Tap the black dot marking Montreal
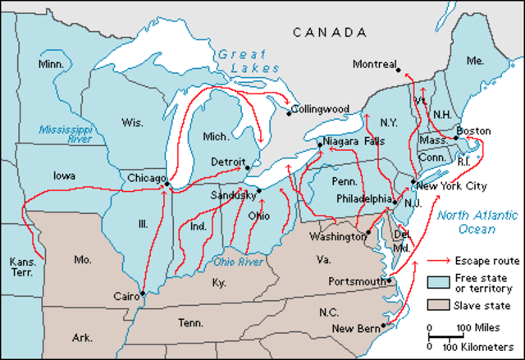pos(399,70)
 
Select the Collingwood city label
pos(322,108)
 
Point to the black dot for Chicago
pos(167,185)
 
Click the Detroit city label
pos(228,162)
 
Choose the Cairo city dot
pos(143,294)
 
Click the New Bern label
pos(354,328)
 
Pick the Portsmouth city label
pos(356,280)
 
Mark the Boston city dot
pos(456,138)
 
